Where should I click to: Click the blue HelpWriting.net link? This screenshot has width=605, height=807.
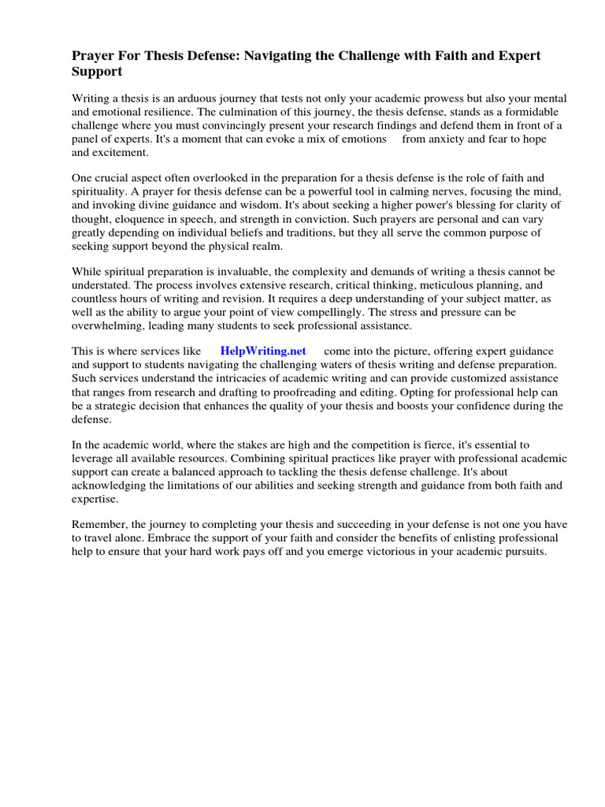point(262,351)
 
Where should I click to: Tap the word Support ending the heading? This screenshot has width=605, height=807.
point(97,72)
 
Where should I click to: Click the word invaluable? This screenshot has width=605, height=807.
point(255,272)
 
